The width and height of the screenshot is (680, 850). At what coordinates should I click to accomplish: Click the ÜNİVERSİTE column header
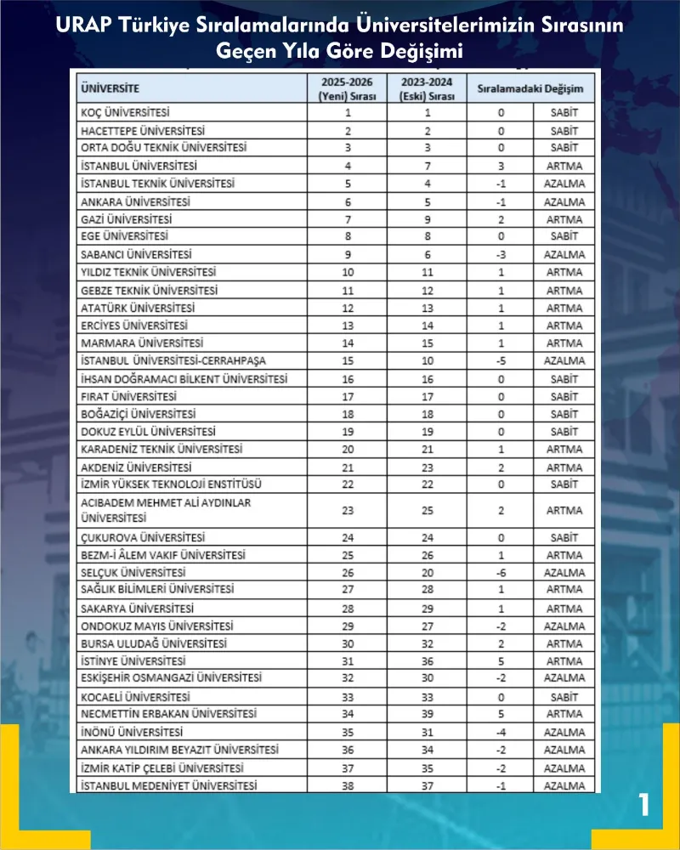click(110, 88)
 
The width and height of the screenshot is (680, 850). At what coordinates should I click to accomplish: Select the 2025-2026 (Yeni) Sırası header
click(348, 88)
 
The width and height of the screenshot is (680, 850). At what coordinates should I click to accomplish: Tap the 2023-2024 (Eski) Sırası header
click(427, 88)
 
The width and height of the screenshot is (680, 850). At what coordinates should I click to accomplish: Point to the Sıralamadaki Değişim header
click(530, 88)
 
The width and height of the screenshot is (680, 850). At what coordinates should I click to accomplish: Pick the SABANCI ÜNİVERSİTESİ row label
click(136, 254)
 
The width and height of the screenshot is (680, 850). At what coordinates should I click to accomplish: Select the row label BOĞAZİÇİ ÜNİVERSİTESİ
click(138, 414)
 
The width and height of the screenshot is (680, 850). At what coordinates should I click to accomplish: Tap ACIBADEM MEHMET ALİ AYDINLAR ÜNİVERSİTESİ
click(166, 510)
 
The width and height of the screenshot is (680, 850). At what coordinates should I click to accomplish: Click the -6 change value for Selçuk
click(501, 572)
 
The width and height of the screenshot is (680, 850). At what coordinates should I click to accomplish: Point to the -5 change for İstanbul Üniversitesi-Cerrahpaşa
click(501, 360)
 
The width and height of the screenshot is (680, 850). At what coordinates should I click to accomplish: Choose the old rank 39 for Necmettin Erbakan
click(427, 714)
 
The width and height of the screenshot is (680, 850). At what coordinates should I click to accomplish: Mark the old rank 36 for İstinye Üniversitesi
click(427, 660)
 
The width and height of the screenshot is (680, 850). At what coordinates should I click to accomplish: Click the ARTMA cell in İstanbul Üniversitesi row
click(564, 166)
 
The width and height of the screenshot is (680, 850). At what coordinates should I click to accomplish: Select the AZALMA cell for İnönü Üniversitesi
click(564, 732)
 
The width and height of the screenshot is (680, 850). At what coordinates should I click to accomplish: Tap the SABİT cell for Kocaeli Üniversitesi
click(564, 696)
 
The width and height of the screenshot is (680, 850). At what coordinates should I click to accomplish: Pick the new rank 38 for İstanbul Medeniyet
click(348, 786)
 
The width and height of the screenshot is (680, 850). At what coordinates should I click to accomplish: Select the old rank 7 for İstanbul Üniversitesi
click(427, 166)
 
